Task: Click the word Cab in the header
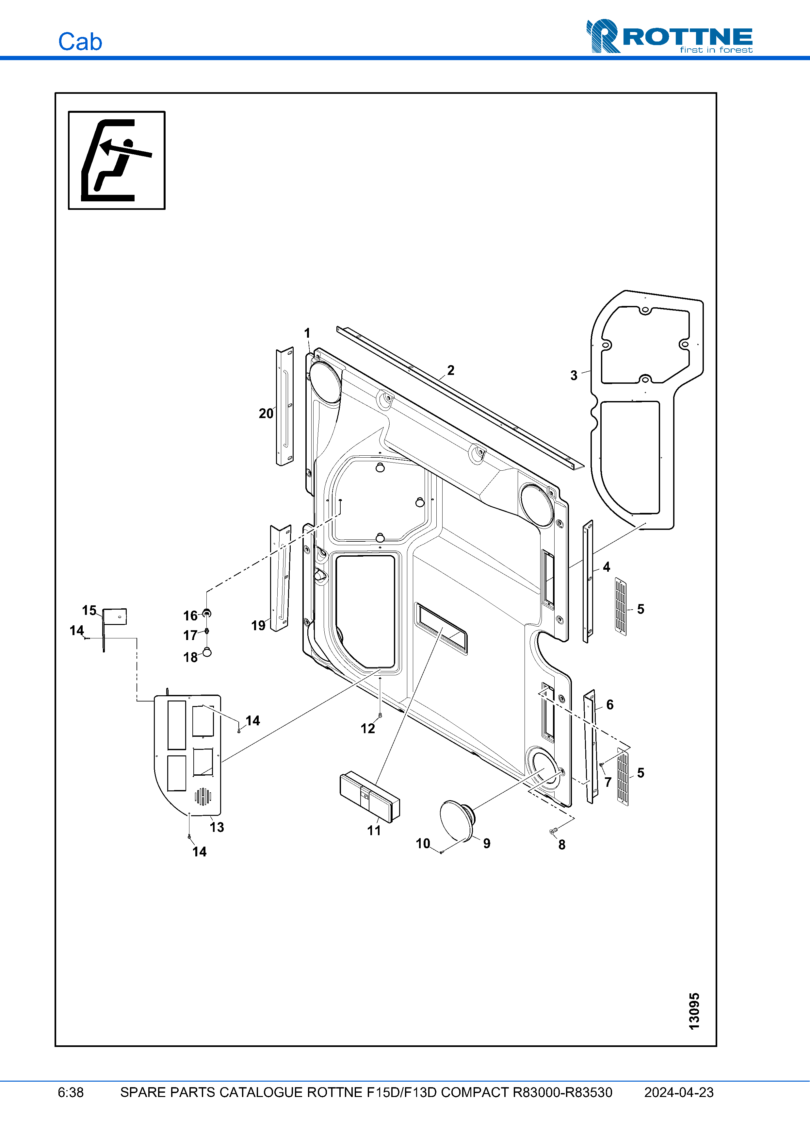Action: point(80,42)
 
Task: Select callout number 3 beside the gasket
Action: point(574,376)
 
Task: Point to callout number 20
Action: point(266,413)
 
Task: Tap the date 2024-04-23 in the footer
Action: point(678,1092)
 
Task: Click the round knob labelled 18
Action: point(207,651)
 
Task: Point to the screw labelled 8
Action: point(553,831)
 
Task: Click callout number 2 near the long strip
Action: point(451,370)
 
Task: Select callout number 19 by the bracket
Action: point(258,625)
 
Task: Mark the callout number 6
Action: point(609,704)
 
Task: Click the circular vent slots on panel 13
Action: point(202,796)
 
